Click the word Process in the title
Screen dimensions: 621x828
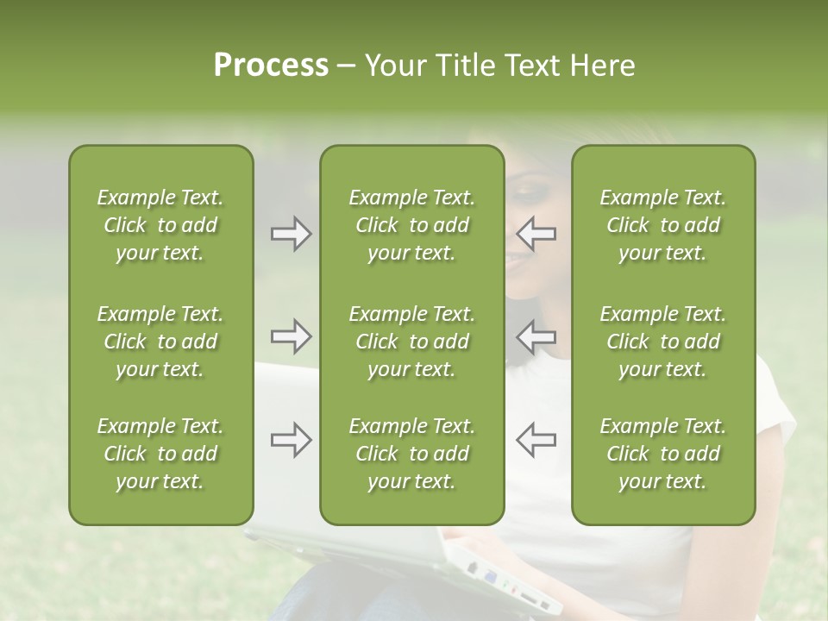[x=271, y=66]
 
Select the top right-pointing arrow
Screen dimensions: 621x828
[x=291, y=233]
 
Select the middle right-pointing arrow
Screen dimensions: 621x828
[x=291, y=336]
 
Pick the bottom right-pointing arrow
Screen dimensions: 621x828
[x=291, y=440]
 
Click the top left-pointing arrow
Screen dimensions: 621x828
[x=536, y=233]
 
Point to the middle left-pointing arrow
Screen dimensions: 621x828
[x=536, y=336]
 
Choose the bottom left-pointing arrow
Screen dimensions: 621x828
[x=536, y=440]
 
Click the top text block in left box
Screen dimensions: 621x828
[x=160, y=225]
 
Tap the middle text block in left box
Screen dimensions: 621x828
[x=160, y=342]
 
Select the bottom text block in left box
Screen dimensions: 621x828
[x=160, y=454]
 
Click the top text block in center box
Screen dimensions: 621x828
[x=411, y=225]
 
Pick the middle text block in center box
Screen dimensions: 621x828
[x=411, y=342]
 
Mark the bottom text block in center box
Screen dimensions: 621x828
[x=411, y=454]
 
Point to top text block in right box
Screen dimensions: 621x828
[x=662, y=225]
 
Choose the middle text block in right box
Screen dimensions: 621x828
[x=662, y=342]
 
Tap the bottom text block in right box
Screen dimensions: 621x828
[x=662, y=454]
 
